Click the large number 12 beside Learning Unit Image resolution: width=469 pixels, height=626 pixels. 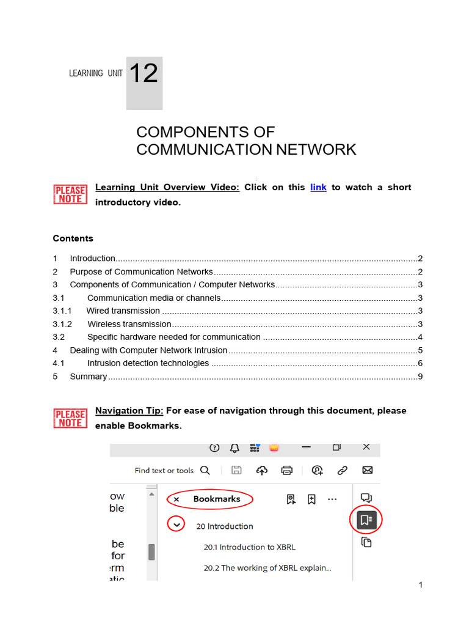point(144,75)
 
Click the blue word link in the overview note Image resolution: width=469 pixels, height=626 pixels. point(318,187)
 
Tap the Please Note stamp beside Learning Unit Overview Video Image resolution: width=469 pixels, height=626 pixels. point(70,194)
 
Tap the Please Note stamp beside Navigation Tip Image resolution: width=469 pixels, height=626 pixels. point(70,418)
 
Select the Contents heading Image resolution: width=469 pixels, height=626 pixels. point(73,238)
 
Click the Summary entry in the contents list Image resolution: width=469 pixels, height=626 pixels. point(89,377)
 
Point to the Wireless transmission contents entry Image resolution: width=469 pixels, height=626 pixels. point(129,324)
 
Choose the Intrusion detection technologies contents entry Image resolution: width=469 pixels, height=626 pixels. point(148,363)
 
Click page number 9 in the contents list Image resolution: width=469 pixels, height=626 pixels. point(420,377)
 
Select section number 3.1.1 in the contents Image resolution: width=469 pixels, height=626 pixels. point(62,311)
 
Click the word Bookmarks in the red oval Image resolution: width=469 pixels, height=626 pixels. point(217,499)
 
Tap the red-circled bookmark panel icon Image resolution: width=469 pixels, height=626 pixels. point(366,520)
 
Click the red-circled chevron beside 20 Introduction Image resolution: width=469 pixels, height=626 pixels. point(176,525)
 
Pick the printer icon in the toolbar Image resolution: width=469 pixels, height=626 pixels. point(286,470)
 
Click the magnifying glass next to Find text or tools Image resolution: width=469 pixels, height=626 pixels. point(205,470)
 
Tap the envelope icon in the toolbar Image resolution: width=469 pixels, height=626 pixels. point(367,470)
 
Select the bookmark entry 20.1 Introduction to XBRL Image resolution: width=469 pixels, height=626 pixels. point(249,547)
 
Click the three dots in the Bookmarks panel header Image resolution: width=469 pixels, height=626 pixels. point(332,499)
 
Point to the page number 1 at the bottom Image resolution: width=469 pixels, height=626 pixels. point(421,585)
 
